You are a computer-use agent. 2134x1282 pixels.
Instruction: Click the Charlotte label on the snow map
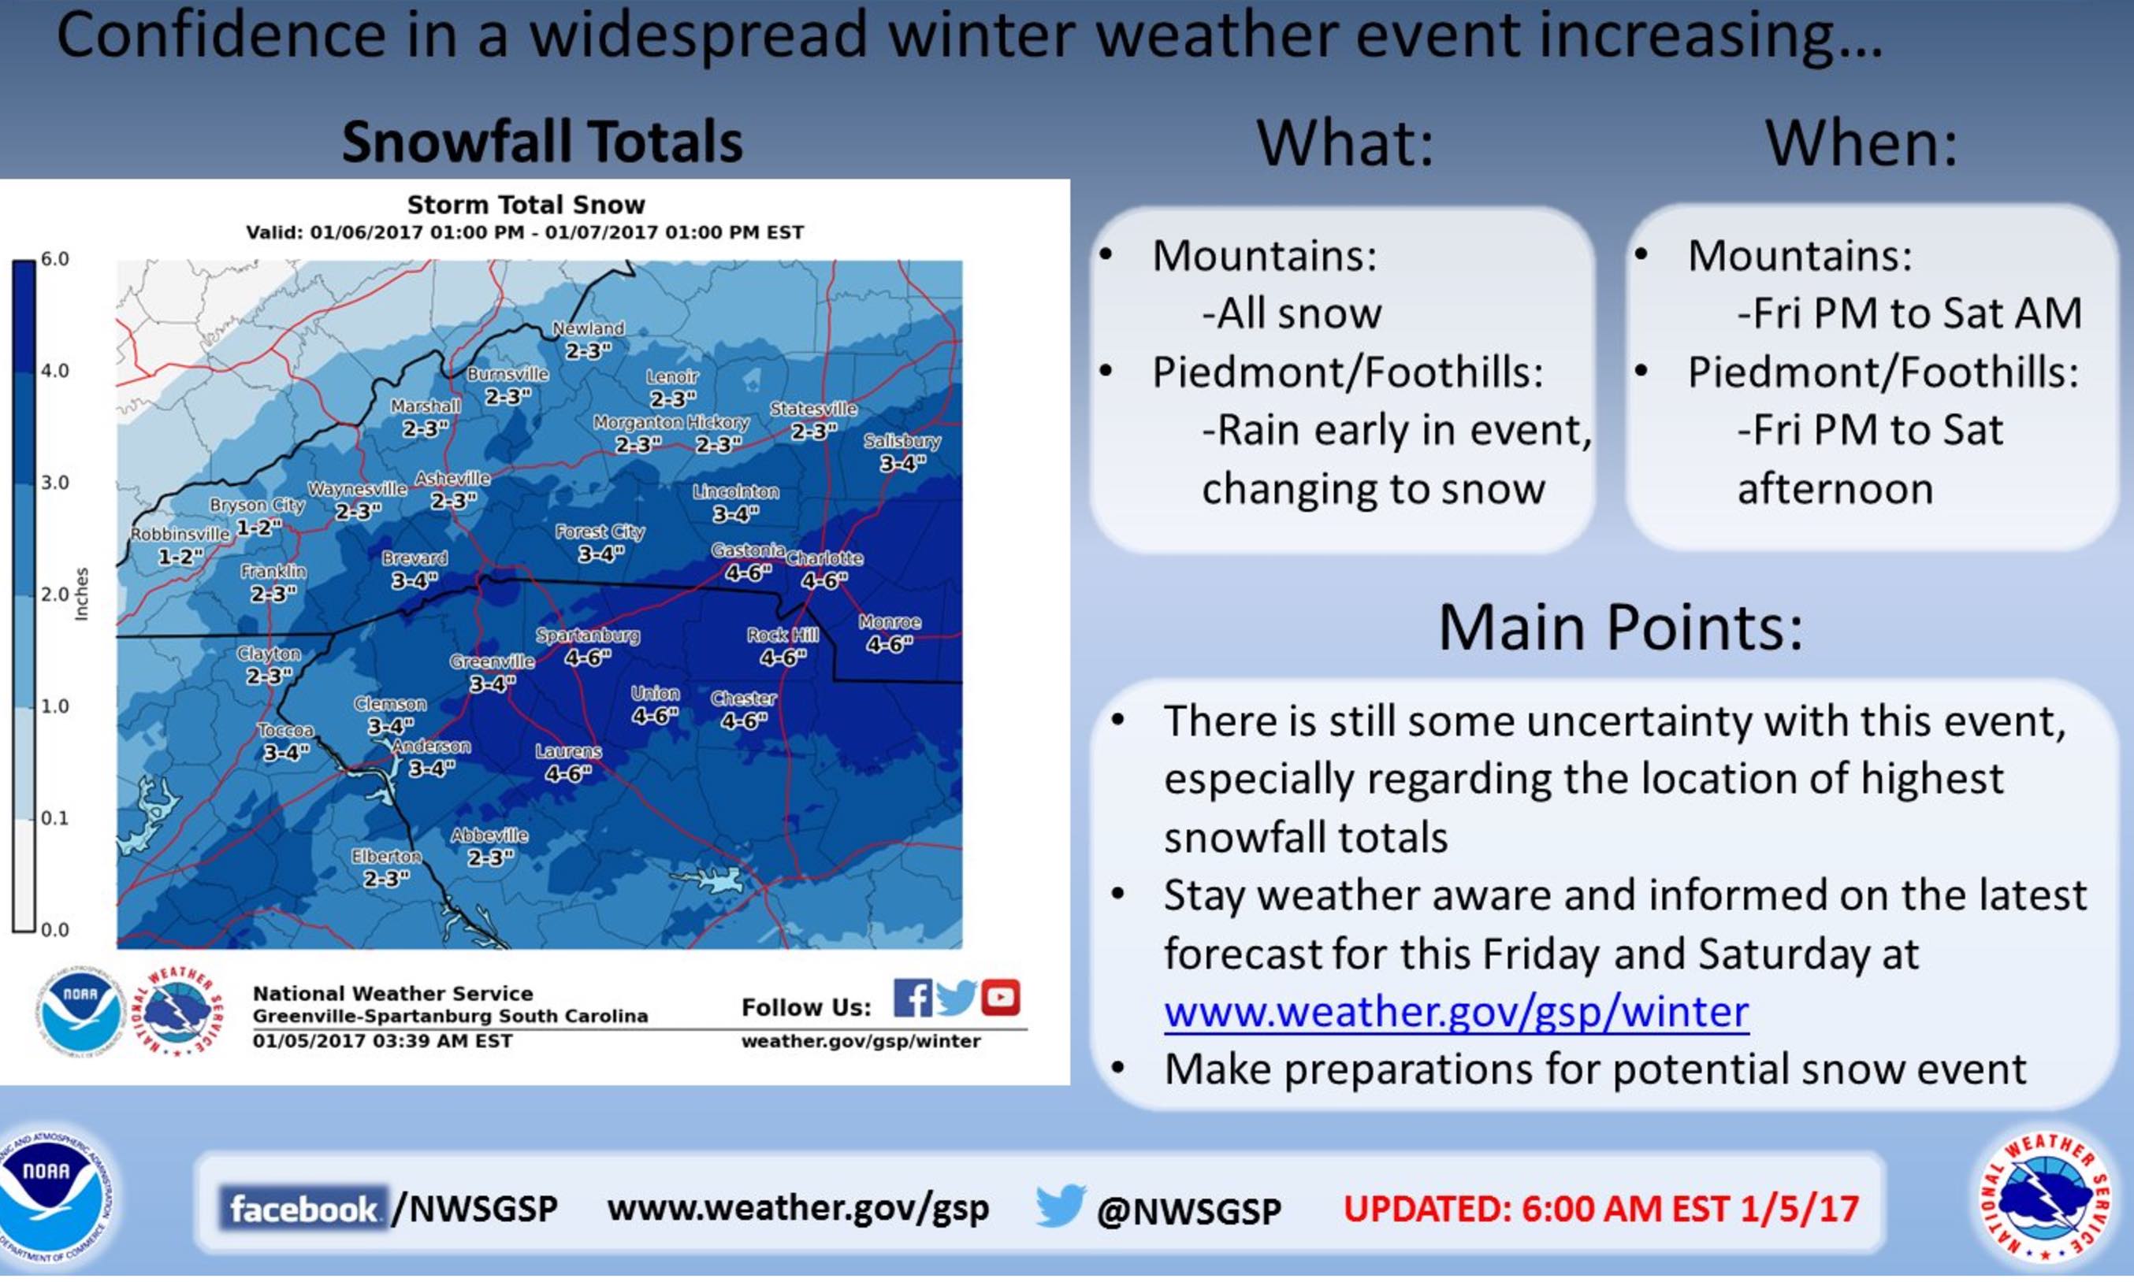pyautogui.click(x=823, y=558)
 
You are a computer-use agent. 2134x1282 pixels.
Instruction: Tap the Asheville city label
pyautogui.click(x=452, y=478)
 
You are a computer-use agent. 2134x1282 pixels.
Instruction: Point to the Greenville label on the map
pyautogui.click(x=492, y=661)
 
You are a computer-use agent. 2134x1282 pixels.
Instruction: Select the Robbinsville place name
pyautogui.click(x=180, y=534)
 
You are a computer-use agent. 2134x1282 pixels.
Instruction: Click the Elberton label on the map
pyautogui.click(x=385, y=856)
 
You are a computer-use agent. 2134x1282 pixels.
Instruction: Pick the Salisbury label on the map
pyautogui.click(x=902, y=440)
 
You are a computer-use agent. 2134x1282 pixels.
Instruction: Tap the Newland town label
pyautogui.click(x=588, y=328)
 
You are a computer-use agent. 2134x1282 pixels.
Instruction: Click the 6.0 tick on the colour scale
pyautogui.click(x=54, y=259)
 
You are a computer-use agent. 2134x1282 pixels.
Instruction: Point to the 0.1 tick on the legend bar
pyautogui.click(x=54, y=817)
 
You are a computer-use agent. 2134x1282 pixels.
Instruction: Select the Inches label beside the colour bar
pyautogui.click(x=81, y=594)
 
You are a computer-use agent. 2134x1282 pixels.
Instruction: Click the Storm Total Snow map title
pyautogui.click(x=526, y=205)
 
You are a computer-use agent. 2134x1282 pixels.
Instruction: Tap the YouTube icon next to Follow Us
pyautogui.click(x=1000, y=998)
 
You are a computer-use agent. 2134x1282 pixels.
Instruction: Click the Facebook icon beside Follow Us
pyautogui.click(x=913, y=998)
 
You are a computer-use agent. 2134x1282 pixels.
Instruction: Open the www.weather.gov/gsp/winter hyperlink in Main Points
pyautogui.click(x=1456, y=1011)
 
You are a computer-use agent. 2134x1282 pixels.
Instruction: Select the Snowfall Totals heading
pyautogui.click(x=542, y=141)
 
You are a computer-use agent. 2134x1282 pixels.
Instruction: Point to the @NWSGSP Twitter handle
pyautogui.click(x=1188, y=1210)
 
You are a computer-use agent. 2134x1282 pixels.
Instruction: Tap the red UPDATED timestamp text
pyautogui.click(x=1600, y=1209)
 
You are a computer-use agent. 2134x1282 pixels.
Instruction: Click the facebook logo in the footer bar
pyautogui.click(x=303, y=1209)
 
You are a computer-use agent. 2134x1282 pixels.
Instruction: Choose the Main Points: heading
pyautogui.click(x=1621, y=626)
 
